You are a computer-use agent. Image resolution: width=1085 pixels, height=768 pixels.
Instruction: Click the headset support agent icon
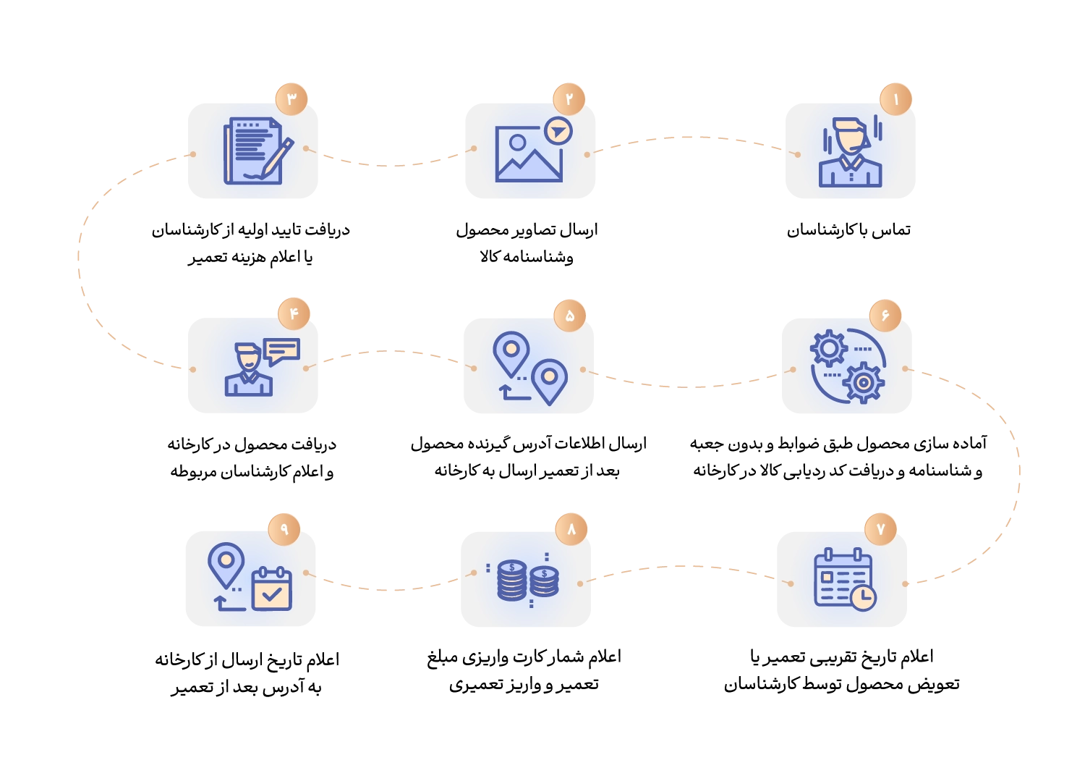click(x=850, y=152)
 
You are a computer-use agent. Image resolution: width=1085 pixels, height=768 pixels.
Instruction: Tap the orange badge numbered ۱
click(x=895, y=99)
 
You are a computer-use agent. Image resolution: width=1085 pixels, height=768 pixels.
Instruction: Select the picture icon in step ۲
click(x=528, y=154)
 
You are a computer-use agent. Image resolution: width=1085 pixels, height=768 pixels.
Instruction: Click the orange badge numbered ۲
click(x=569, y=98)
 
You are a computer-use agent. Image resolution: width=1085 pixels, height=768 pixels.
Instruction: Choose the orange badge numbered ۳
click(x=292, y=99)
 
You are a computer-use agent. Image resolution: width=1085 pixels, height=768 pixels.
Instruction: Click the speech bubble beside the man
click(x=281, y=351)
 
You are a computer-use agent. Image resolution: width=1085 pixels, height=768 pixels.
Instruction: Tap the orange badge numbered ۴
click(x=294, y=313)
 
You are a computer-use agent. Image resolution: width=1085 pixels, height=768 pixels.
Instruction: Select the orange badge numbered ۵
click(x=569, y=316)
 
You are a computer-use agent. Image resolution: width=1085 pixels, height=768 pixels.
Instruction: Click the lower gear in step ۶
click(x=863, y=382)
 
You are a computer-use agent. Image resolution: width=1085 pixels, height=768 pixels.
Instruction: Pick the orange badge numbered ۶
click(x=885, y=316)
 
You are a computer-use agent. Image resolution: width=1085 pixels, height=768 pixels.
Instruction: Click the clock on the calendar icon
click(x=862, y=598)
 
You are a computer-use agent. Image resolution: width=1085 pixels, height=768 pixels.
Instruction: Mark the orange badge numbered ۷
click(x=880, y=529)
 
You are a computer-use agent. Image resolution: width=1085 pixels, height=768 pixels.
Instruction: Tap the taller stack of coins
click(x=512, y=580)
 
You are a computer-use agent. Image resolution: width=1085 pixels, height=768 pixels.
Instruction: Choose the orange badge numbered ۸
click(x=571, y=529)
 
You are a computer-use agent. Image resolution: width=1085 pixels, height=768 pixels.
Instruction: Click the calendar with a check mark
click(x=271, y=589)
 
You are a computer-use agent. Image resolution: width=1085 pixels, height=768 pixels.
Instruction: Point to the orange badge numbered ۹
click(x=284, y=529)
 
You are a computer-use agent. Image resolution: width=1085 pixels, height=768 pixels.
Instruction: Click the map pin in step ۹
click(x=226, y=563)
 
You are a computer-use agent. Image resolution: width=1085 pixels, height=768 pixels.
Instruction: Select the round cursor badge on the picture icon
click(x=558, y=131)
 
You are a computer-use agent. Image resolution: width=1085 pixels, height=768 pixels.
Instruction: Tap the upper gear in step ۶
click(x=829, y=348)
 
